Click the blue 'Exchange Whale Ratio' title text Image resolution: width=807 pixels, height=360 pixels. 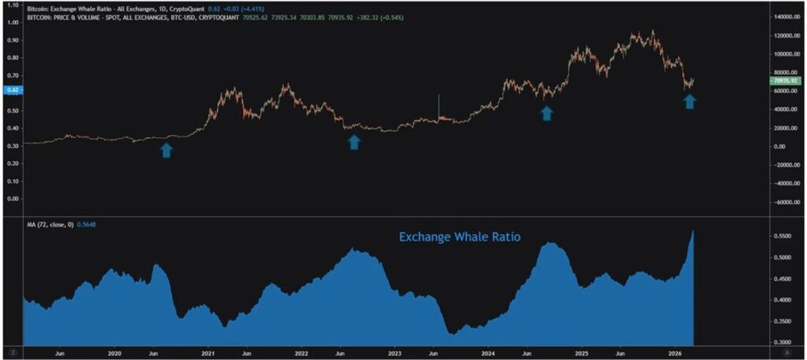pyautogui.click(x=459, y=236)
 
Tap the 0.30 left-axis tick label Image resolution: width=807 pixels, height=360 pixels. pyautogui.click(x=12, y=145)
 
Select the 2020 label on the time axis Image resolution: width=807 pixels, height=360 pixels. pyautogui.click(x=114, y=354)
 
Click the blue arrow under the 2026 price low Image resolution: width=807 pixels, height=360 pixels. pyautogui.click(x=690, y=101)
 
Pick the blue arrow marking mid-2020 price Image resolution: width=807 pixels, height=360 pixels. pyautogui.click(x=166, y=150)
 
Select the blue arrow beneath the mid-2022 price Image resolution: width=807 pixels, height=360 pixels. pyautogui.click(x=354, y=142)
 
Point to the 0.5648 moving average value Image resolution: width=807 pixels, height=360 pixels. pyautogui.click(x=87, y=225)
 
